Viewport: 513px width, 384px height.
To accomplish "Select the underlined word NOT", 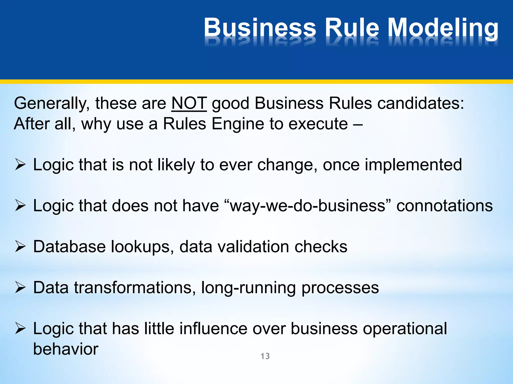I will [189, 103].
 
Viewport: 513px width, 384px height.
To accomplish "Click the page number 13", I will [265, 356].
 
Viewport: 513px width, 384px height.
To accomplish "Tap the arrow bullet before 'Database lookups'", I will [20, 246].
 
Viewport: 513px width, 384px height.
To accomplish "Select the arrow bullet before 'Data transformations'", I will [20, 287].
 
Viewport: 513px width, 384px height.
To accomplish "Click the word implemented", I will [413, 165].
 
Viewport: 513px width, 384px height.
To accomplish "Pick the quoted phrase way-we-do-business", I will [307, 206].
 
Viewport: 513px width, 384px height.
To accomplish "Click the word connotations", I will [444, 206].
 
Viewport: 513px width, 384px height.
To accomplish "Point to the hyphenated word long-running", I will [248, 288].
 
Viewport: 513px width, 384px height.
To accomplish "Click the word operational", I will [405, 329].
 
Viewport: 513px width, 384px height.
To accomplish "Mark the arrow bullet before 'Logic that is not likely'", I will [20, 165].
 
